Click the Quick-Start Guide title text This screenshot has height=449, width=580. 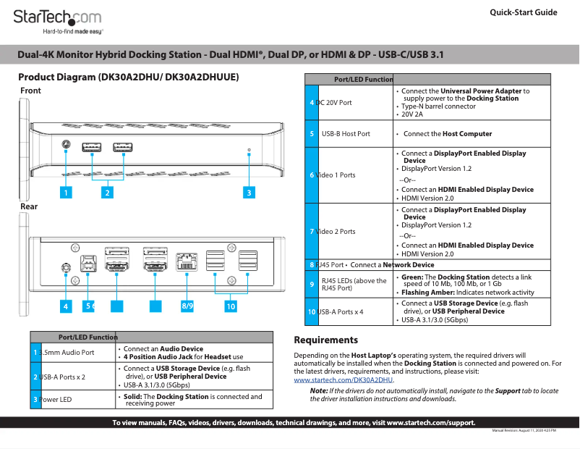[x=523, y=12]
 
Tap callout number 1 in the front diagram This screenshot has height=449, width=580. [x=65, y=193]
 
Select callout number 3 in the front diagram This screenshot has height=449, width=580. [x=248, y=193]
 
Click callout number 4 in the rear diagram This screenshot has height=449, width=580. [x=65, y=306]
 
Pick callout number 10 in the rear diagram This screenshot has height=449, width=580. [x=230, y=306]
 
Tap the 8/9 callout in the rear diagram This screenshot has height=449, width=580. [x=187, y=306]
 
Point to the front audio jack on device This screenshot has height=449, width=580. [x=66, y=145]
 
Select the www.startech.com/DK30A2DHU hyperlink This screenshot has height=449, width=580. [x=344, y=379]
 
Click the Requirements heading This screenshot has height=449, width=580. [x=325, y=340]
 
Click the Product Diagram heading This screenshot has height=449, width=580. [x=128, y=77]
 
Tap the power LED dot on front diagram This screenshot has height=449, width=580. [x=249, y=150]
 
